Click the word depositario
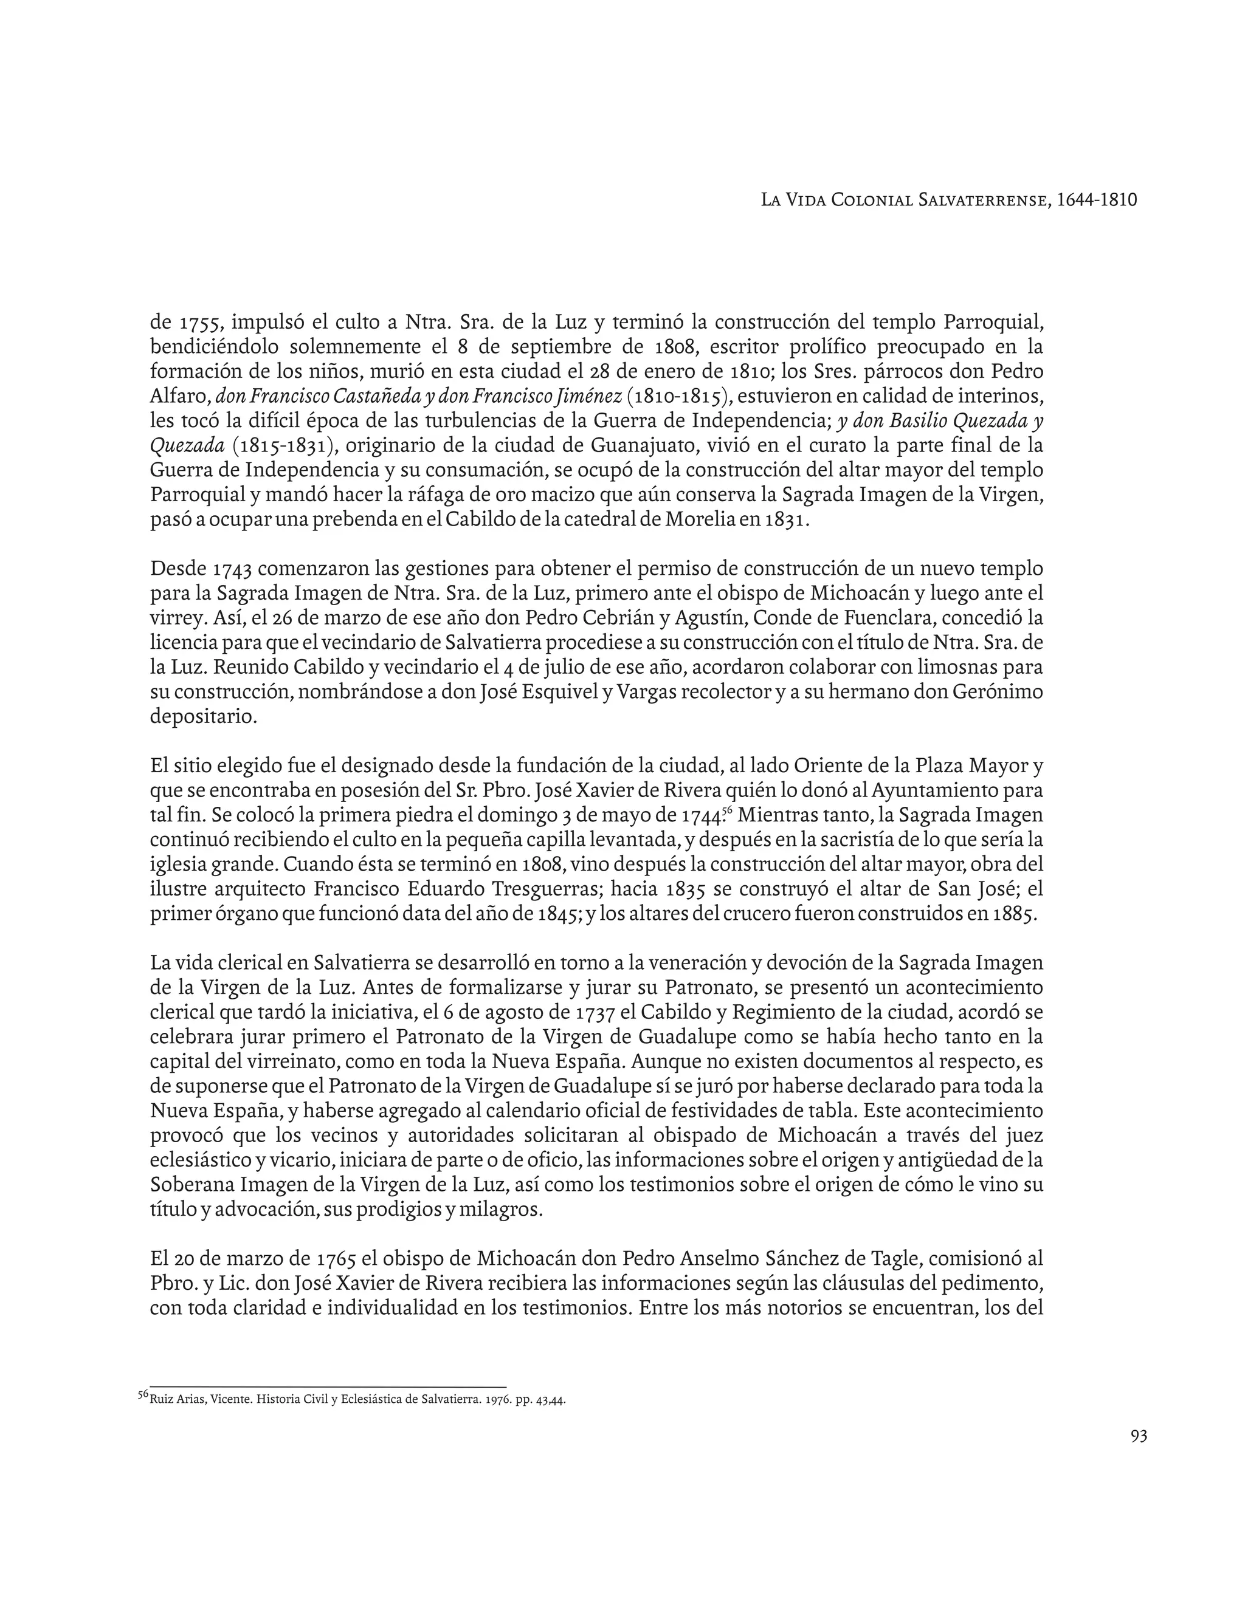click(x=204, y=716)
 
